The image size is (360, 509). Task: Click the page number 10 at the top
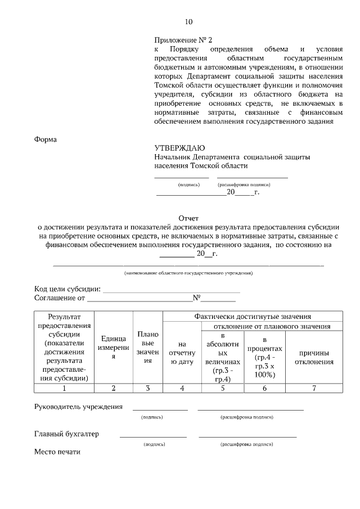click(188, 22)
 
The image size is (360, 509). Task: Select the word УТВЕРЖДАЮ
click(176, 148)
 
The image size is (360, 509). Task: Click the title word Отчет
click(188, 218)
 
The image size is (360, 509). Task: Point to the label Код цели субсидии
click(67, 289)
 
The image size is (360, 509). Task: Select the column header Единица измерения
click(113, 347)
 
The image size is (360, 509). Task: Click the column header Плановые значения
click(147, 347)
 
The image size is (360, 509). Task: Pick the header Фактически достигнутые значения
click(253, 317)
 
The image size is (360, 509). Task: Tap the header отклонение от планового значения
click(271, 326)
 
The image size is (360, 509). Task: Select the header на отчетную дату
click(181, 353)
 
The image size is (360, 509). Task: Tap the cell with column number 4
click(181, 388)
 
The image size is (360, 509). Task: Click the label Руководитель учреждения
click(79, 407)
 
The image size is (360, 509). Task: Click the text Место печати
click(57, 451)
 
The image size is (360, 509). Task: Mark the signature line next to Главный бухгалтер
click(153, 436)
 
